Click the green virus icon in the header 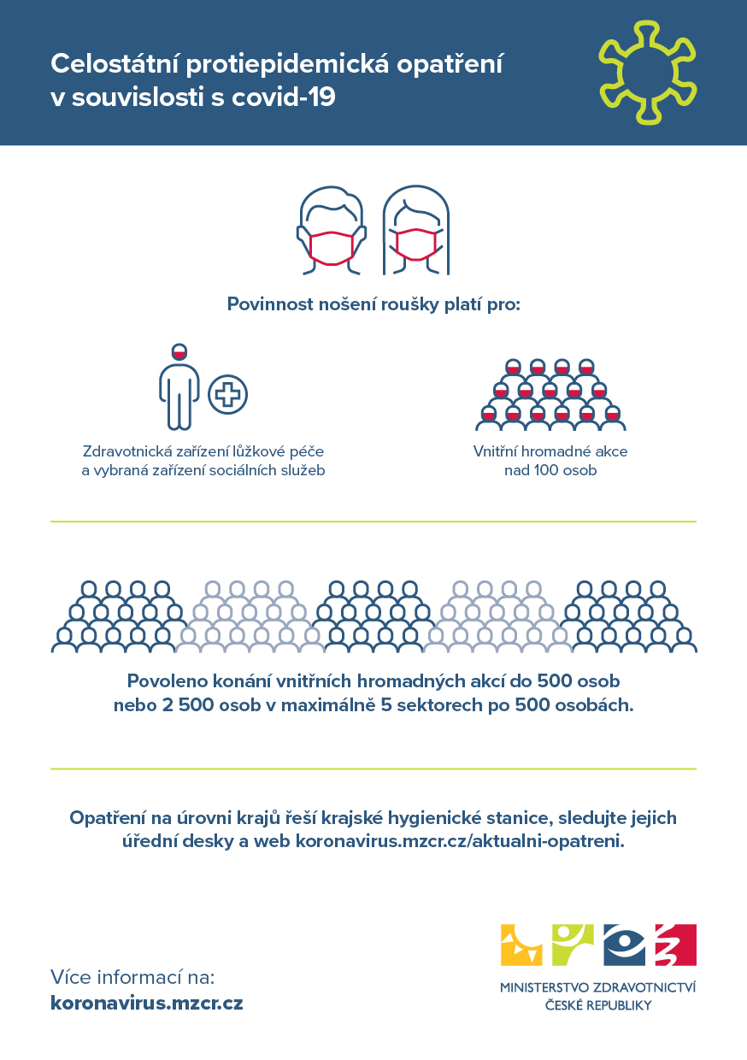(647, 73)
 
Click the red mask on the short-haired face (331, 246)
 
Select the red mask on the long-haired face (415, 244)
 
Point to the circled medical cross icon (228, 395)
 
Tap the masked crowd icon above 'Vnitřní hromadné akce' (550, 395)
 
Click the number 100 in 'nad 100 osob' (548, 470)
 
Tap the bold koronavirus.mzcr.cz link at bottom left (147, 1003)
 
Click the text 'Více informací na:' (132, 977)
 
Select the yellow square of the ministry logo (521, 945)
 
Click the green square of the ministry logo (573, 945)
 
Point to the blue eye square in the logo (625, 945)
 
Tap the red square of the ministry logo (675, 945)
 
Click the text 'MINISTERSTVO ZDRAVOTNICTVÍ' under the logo (598, 988)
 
